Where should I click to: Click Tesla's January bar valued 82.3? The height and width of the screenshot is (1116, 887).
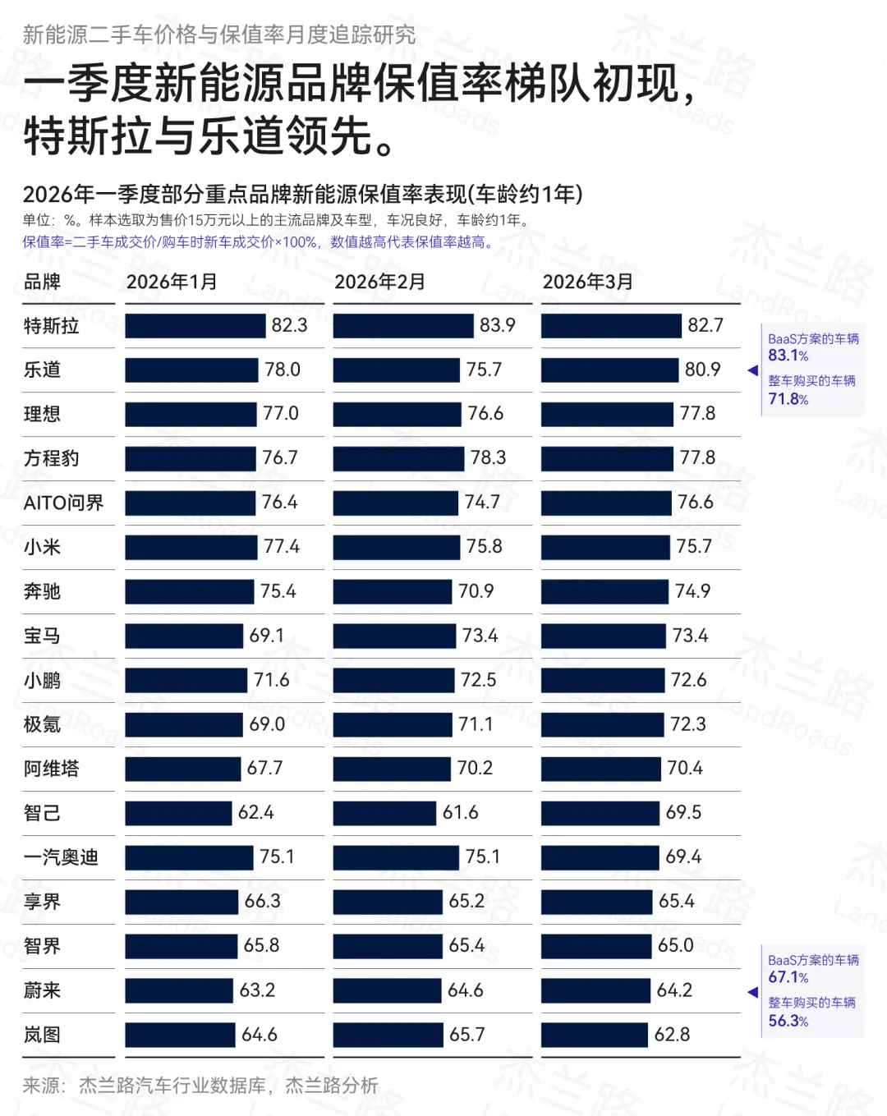pyautogui.click(x=195, y=326)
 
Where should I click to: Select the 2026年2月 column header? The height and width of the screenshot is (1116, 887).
pyautogui.click(x=379, y=282)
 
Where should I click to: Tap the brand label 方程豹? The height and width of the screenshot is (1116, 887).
pyautogui.click(x=51, y=458)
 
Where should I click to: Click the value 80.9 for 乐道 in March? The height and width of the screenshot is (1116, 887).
pyautogui.click(x=702, y=370)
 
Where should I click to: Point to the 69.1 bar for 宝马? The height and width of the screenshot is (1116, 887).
pyautogui.click(x=184, y=636)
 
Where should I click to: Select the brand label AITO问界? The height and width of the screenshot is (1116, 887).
pyautogui.click(x=63, y=503)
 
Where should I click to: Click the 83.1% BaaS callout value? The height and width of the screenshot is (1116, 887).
pyautogui.click(x=788, y=356)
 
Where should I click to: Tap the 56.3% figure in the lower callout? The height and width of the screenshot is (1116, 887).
pyautogui.click(x=788, y=1021)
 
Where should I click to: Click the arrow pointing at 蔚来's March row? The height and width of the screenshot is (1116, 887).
pyautogui.click(x=752, y=992)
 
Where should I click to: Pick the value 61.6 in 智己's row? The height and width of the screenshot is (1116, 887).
pyautogui.click(x=460, y=812)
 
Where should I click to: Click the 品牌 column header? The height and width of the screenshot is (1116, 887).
pyautogui.click(x=42, y=282)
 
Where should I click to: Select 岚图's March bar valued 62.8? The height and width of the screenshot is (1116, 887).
pyautogui.click(x=595, y=1035)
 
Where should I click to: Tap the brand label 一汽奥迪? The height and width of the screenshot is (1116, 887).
pyautogui.click(x=61, y=857)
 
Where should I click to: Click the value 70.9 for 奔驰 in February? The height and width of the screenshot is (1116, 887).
pyautogui.click(x=476, y=591)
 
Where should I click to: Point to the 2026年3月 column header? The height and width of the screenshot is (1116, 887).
pyautogui.click(x=587, y=282)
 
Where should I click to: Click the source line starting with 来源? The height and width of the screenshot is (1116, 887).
pyautogui.click(x=200, y=1086)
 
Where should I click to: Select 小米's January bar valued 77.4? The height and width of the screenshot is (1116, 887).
pyautogui.click(x=191, y=547)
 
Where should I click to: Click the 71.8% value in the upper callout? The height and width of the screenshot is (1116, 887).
pyautogui.click(x=788, y=399)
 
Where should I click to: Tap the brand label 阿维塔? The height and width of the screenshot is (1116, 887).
pyautogui.click(x=51, y=769)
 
